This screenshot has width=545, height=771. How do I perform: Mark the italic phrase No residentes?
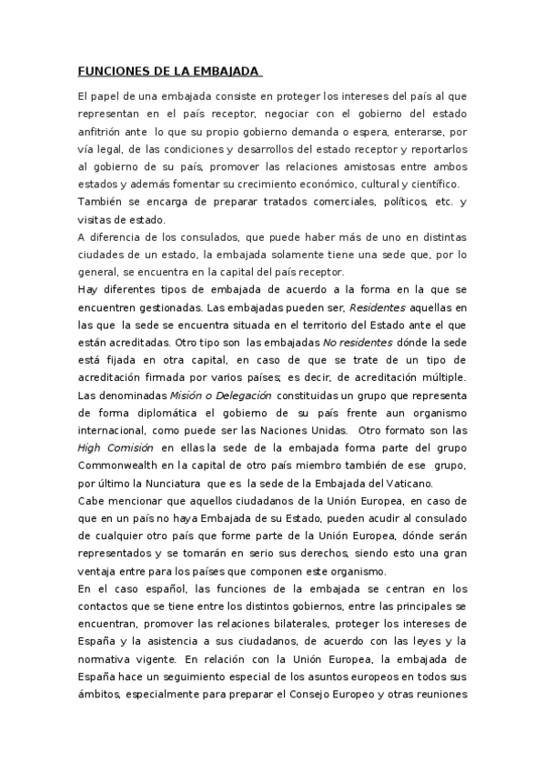click(358, 343)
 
